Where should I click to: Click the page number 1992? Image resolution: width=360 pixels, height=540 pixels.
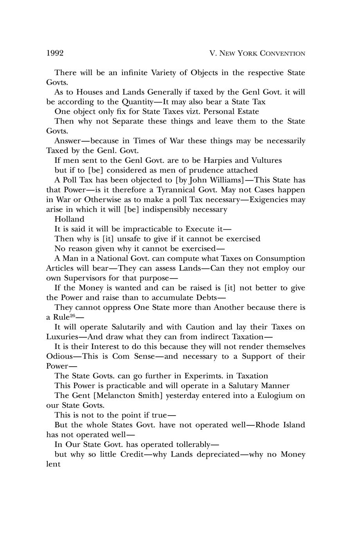[55, 53]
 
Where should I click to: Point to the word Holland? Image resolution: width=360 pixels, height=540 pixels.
[69, 219]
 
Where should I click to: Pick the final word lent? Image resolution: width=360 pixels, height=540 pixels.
[53, 464]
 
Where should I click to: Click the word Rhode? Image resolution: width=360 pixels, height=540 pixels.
[267, 425]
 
